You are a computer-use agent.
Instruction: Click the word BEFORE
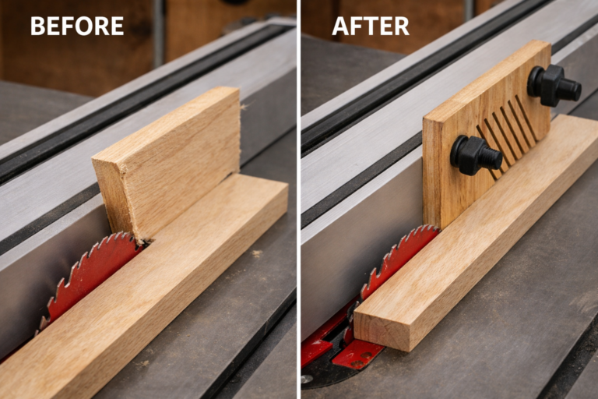[x=76, y=26]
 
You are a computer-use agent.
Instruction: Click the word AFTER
[x=370, y=26]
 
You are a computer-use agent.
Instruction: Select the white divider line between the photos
[x=298, y=199]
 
